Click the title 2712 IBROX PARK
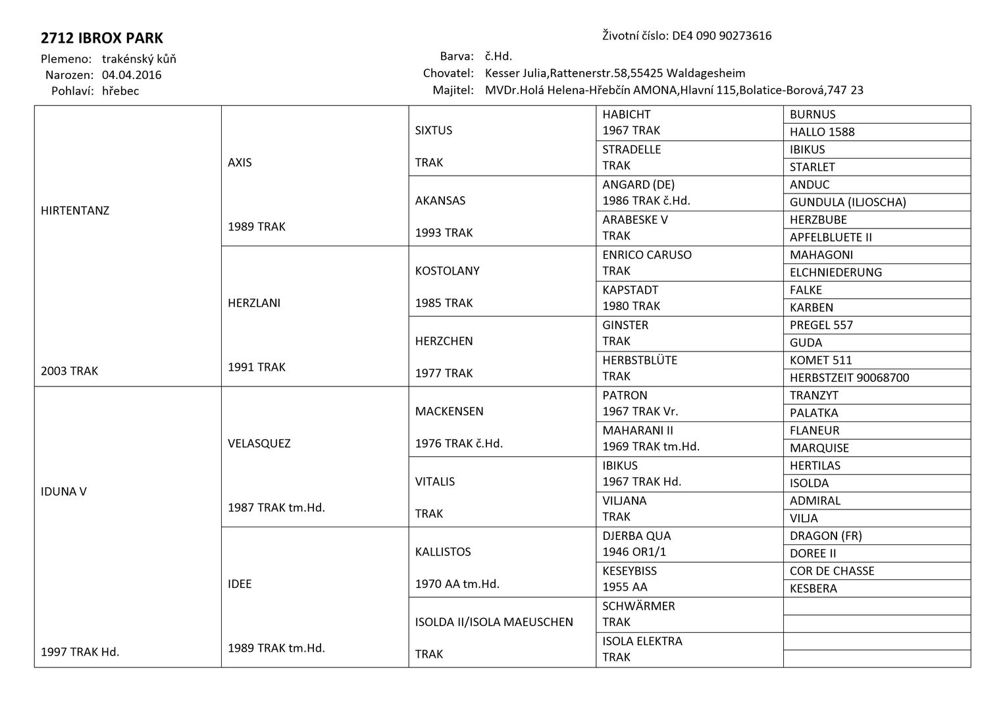(x=102, y=38)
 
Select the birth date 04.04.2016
(x=132, y=75)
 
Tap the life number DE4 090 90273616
(x=721, y=36)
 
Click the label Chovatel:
(x=448, y=73)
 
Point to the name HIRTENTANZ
(x=75, y=211)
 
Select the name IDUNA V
(x=64, y=491)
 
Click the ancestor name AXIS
(x=240, y=163)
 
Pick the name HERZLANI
(x=254, y=303)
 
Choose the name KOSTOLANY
(x=448, y=271)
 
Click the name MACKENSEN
(x=450, y=411)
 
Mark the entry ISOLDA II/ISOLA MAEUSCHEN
(x=494, y=621)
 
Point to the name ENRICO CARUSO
(x=647, y=255)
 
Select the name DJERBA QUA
(x=636, y=535)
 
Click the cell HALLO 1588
(x=822, y=132)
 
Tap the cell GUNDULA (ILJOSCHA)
(x=848, y=202)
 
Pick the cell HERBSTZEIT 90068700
(x=849, y=378)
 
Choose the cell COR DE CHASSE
(x=832, y=571)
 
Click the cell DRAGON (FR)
(x=825, y=536)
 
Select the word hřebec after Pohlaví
(x=120, y=91)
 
